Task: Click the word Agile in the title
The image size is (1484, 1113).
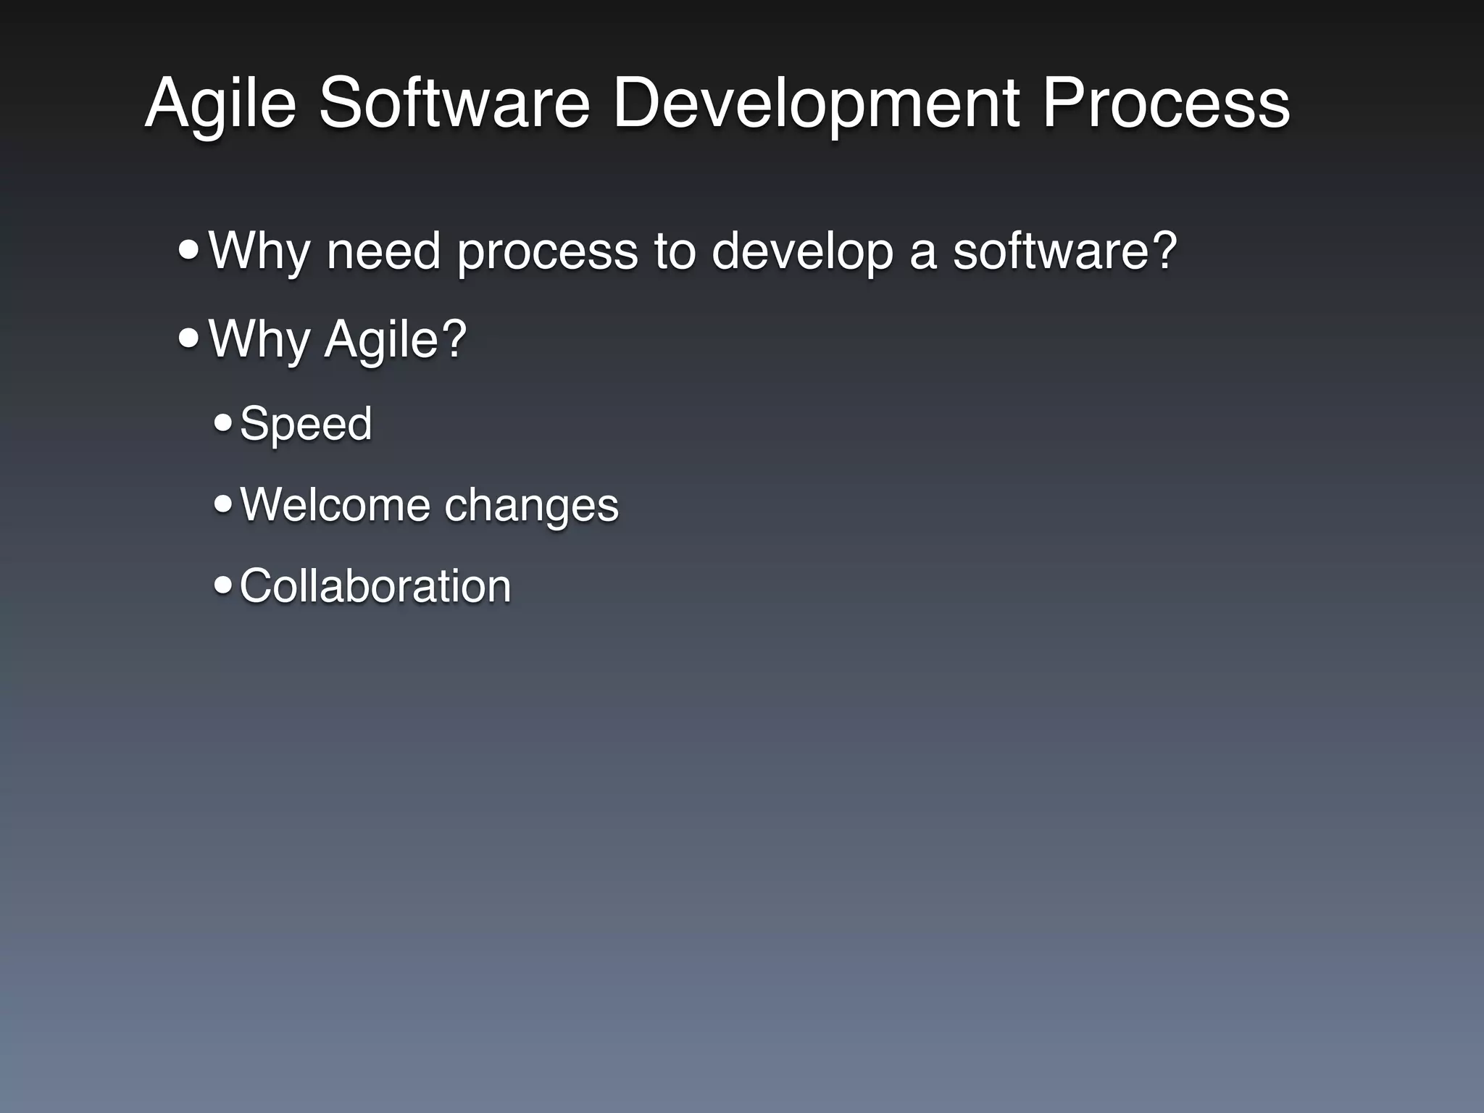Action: [220, 105]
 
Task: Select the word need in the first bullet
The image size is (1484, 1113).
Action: [383, 251]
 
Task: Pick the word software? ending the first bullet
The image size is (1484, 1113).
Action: [1064, 251]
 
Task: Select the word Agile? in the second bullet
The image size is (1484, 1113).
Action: [396, 339]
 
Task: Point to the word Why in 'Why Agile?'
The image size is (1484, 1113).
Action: [259, 339]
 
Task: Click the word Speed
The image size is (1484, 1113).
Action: [305, 423]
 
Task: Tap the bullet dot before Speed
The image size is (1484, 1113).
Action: [223, 422]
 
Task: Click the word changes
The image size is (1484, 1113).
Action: [531, 505]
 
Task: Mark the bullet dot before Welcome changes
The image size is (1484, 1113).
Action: [223, 503]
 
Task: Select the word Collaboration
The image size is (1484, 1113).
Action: [375, 585]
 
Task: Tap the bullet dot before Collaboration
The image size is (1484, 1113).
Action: [223, 584]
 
